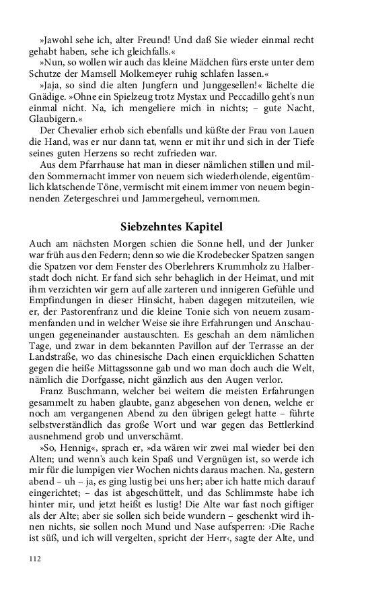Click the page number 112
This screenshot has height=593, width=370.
(x=36, y=557)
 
